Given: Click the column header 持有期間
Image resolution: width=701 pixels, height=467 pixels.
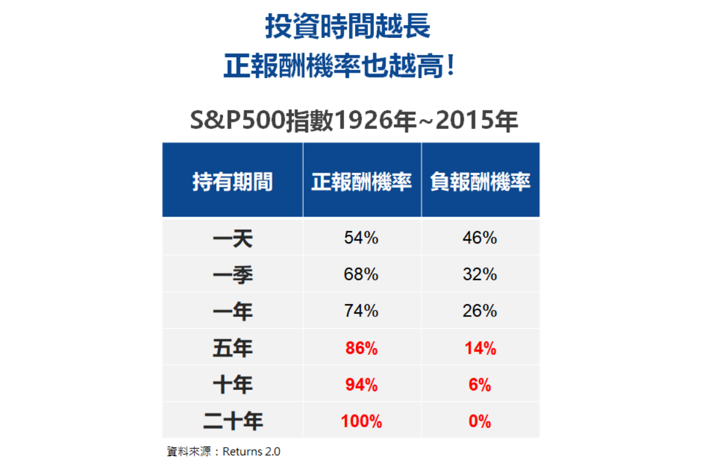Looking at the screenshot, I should (232, 182).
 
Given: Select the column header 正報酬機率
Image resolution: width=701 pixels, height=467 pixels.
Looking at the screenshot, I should (362, 182).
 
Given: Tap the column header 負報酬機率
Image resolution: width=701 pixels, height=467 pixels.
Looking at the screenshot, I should (480, 182).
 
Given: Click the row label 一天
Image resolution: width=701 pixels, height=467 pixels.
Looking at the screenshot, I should (232, 238).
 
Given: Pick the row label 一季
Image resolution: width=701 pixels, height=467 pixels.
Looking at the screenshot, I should (232, 274).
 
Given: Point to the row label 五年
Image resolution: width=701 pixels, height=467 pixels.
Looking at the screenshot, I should (232, 348).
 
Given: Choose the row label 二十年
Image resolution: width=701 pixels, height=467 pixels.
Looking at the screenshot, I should (232, 421).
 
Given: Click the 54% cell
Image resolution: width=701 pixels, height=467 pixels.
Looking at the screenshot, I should (361, 238).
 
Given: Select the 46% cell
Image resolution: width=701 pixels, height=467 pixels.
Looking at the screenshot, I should (480, 238).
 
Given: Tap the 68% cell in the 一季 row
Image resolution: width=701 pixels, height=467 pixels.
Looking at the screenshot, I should (361, 274).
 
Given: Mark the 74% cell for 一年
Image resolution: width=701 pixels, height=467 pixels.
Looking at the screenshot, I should (361, 311).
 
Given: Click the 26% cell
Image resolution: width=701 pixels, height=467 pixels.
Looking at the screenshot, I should (480, 311).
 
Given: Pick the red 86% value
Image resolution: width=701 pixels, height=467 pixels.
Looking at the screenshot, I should (361, 349).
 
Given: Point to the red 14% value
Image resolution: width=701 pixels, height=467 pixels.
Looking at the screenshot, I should (480, 349).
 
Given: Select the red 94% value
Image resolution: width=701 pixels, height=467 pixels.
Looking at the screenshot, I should (361, 385).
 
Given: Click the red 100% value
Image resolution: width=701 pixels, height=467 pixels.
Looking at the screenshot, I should (361, 421).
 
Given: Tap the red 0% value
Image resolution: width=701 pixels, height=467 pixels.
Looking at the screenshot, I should (480, 421).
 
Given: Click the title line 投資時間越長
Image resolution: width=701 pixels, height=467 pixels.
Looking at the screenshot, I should (348, 26).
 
